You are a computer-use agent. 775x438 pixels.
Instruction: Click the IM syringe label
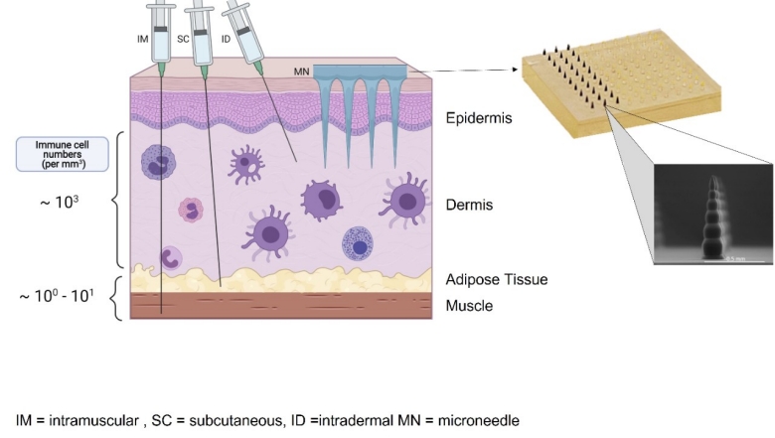click(142, 38)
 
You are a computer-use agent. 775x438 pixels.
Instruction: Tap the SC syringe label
click(182, 38)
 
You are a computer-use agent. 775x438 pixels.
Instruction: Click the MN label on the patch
click(302, 72)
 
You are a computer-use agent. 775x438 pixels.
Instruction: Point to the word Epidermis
click(479, 118)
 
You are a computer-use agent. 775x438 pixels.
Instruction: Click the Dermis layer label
click(470, 206)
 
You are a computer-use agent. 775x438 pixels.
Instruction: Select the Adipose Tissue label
click(497, 280)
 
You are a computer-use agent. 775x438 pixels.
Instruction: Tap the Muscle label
click(469, 306)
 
